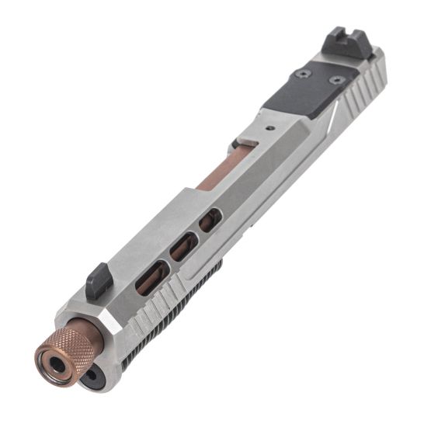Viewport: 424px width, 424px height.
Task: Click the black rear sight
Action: (339, 40)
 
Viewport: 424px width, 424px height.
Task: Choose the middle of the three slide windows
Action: (184, 247)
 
